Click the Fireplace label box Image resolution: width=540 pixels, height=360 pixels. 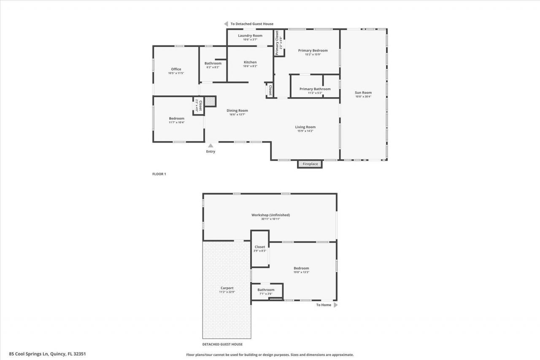(x=310, y=164)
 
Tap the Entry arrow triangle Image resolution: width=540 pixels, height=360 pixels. (x=211, y=146)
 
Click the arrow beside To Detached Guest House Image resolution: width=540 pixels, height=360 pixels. (x=226, y=24)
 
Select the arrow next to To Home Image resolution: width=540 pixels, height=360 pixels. (x=336, y=305)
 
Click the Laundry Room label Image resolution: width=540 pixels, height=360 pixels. (x=250, y=35)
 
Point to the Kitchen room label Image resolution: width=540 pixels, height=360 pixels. (x=250, y=62)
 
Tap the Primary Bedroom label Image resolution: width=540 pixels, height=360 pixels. (x=313, y=50)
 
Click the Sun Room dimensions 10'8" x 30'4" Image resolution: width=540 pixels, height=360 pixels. (x=363, y=97)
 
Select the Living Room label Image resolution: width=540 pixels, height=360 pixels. (x=305, y=127)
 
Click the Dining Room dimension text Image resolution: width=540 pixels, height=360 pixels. (x=237, y=114)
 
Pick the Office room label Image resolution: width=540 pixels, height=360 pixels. (x=176, y=69)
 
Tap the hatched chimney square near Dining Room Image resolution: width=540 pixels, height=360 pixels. (x=210, y=101)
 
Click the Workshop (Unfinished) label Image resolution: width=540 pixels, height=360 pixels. (x=270, y=215)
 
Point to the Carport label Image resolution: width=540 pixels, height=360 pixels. (x=227, y=288)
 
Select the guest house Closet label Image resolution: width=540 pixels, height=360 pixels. (x=260, y=247)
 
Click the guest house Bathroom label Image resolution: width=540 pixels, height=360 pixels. (x=266, y=290)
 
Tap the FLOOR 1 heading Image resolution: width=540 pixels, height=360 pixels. (x=159, y=174)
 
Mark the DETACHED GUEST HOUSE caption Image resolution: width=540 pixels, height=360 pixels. (x=222, y=344)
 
